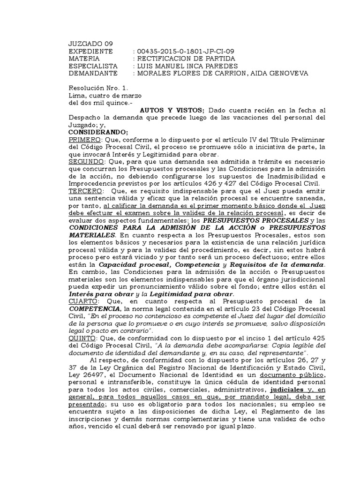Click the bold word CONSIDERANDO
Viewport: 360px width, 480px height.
(x=97, y=132)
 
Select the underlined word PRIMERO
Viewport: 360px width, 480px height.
(x=84, y=140)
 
